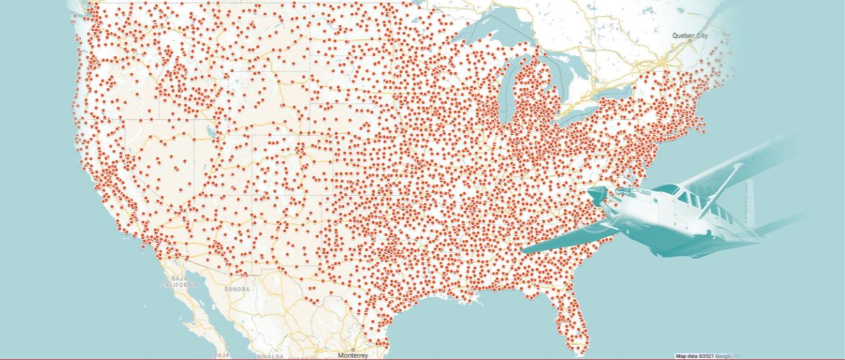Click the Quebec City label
pyautogui.click(x=689, y=36)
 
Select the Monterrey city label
pyautogui.click(x=352, y=355)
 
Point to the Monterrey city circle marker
pyautogui.click(x=352, y=350)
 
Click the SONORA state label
pyautogui.click(x=237, y=289)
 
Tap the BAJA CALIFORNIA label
pyautogui.click(x=179, y=282)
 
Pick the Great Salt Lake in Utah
pyautogui.click(x=209, y=133)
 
